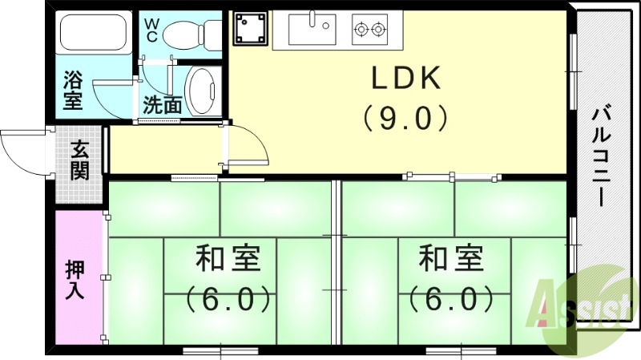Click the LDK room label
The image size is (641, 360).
point(405,79)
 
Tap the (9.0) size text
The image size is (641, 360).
point(405,119)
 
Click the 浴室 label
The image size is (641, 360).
point(73,91)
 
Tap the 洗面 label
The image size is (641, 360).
point(162,105)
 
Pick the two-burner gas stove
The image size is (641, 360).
point(370,30)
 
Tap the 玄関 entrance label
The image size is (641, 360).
point(79,160)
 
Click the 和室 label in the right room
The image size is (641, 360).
point(450,261)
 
